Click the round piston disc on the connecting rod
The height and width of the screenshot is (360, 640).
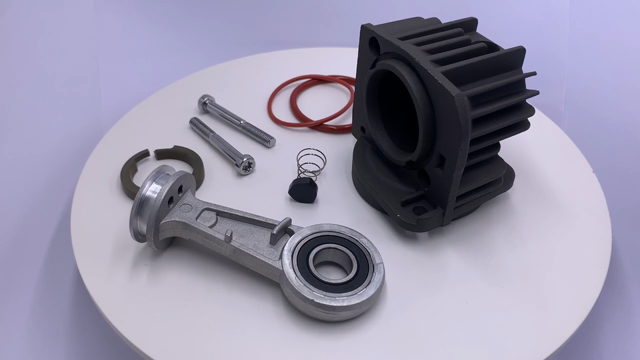click(150, 207)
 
